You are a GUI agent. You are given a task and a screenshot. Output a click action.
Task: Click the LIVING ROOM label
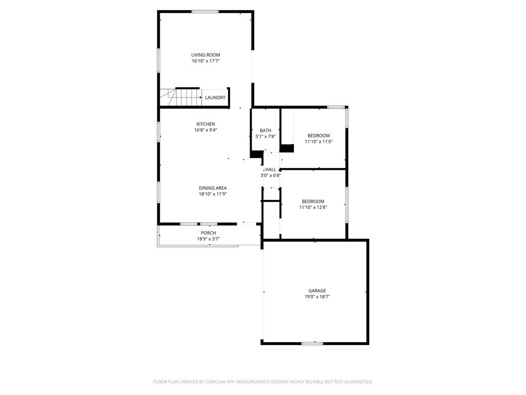(x=205, y=55)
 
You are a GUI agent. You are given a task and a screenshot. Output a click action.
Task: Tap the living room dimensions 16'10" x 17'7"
(x=205, y=61)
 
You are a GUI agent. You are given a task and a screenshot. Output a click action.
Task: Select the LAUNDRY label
(x=215, y=98)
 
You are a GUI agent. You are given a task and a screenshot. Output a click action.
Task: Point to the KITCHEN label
(x=205, y=124)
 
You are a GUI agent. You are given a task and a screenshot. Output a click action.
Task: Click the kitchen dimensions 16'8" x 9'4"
(x=205, y=130)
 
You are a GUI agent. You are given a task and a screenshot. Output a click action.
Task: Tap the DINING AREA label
(x=213, y=188)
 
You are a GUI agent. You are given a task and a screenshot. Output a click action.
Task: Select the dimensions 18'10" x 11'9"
(x=213, y=194)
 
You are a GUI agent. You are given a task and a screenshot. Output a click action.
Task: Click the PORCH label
(x=208, y=233)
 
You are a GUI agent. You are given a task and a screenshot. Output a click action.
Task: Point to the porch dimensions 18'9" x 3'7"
(x=208, y=239)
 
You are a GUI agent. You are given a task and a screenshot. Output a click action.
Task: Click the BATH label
(x=266, y=131)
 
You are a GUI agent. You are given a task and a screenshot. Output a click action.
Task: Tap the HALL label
(x=271, y=169)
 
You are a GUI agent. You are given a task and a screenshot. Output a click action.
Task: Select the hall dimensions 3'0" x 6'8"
(x=271, y=175)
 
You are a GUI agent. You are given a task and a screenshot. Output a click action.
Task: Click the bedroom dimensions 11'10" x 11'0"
(x=319, y=142)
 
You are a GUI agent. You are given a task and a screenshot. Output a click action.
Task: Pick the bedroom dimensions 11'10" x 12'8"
(x=313, y=208)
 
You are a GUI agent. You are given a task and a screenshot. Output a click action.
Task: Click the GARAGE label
(x=317, y=291)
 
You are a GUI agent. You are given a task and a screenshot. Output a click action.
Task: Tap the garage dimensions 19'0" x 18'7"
(x=317, y=297)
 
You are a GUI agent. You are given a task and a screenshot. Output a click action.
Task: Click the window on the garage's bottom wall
(x=312, y=343)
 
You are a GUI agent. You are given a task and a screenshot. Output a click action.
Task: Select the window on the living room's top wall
(x=205, y=11)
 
